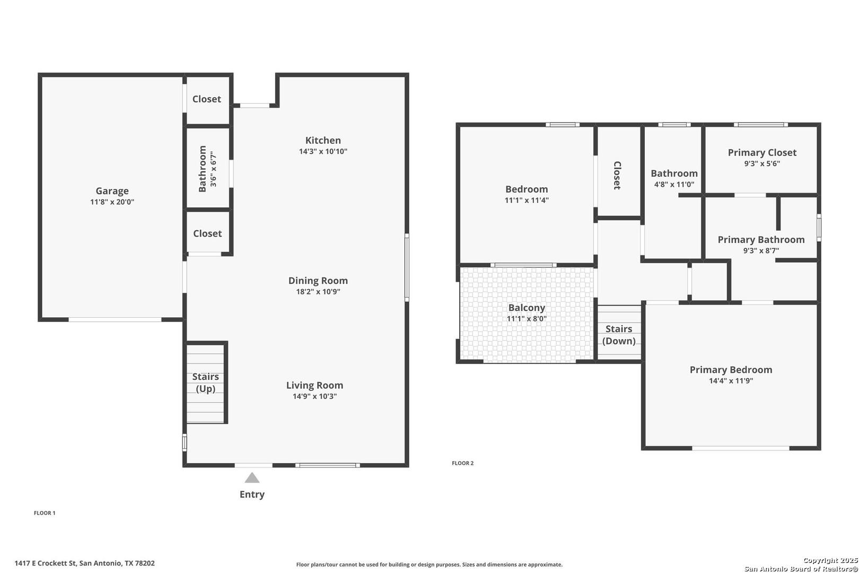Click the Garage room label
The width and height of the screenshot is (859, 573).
click(112, 191)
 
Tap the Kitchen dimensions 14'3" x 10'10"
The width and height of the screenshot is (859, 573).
click(323, 151)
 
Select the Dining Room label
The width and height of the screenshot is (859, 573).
click(318, 281)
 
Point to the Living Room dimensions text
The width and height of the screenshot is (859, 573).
click(314, 396)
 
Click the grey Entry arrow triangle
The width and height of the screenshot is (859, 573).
click(252, 478)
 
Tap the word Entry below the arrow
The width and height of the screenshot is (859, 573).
click(252, 494)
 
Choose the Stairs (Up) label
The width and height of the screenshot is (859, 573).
click(206, 383)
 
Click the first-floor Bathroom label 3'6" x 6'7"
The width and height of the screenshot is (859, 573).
click(207, 169)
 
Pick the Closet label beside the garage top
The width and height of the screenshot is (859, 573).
click(207, 99)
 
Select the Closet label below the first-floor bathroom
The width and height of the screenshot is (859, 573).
click(207, 233)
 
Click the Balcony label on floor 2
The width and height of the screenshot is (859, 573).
click(527, 308)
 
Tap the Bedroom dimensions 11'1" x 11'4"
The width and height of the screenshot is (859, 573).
click(527, 200)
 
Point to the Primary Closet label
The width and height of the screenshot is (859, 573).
click(762, 153)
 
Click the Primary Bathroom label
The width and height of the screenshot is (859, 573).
click(761, 240)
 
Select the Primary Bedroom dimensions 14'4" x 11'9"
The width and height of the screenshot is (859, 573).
click(731, 381)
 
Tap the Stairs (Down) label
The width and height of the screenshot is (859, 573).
click(619, 335)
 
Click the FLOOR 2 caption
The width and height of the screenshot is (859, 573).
click(462, 463)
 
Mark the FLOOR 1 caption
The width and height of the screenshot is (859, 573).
click(45, 513)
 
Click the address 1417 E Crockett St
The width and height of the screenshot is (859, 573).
click(46, 563)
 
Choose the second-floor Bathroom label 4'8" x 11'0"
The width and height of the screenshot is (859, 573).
click(674, 178)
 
